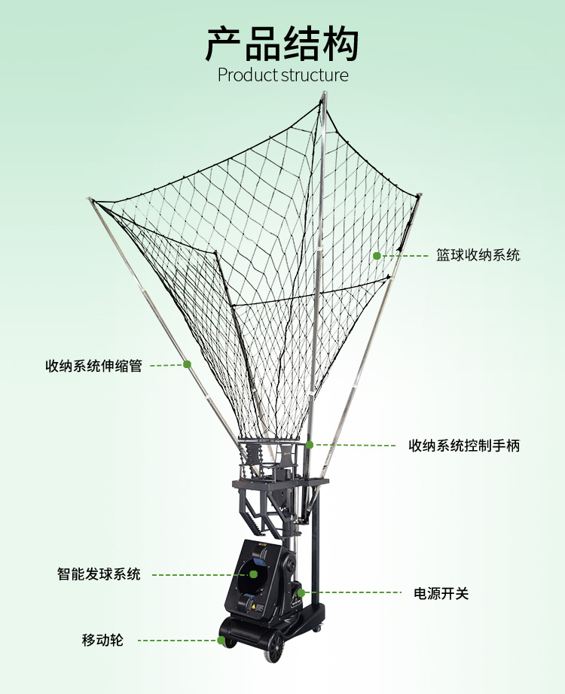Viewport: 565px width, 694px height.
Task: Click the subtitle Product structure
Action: pos(282,75)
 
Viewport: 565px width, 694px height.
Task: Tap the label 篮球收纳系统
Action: pos(478,255)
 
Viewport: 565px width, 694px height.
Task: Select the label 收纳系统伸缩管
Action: pos(93,367)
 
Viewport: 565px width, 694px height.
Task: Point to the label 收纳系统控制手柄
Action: pos(464,446)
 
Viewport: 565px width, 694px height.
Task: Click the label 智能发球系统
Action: pos(99,574)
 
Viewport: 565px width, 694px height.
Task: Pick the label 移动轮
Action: pos(102,641)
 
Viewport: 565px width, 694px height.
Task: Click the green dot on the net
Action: pos(377,256)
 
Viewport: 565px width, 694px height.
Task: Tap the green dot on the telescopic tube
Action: pos(187,364)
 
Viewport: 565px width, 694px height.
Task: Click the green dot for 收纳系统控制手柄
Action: pos(310,445)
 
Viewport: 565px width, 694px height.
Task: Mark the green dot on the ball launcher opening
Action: pos(254,574)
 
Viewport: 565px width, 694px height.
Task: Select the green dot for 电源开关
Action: pos(301,593)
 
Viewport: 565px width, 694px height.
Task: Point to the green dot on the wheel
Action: pos(221,641)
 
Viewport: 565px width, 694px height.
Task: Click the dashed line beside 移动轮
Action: pos(177,641)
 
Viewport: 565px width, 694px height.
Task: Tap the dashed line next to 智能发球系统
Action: pos(200,575)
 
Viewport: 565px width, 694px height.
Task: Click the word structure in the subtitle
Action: pos(316,75)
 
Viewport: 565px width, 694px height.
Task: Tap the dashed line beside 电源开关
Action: pos(354,593)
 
